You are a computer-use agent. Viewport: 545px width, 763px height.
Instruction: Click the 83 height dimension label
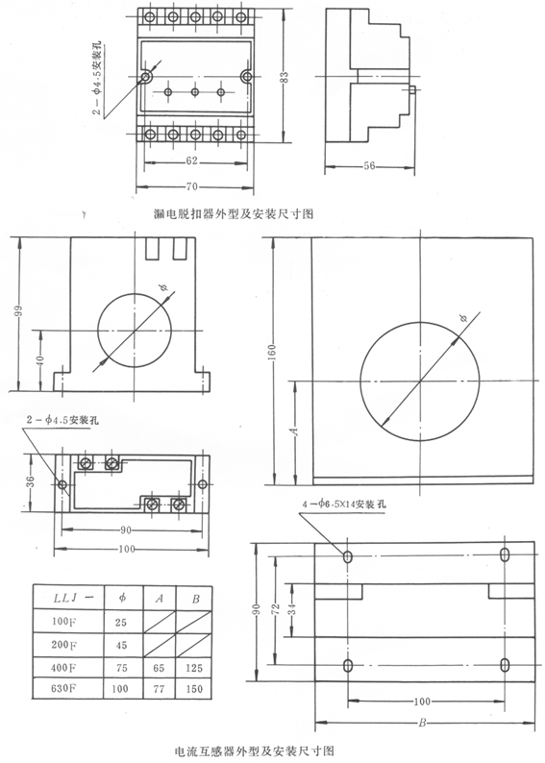click(x=285, y=77)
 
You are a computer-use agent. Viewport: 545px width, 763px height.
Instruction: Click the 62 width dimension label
click(x=192, y=160)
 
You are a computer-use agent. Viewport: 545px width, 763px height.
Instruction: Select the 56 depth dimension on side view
click(x=369, y=166)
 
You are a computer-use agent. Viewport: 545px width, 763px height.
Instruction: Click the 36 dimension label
click(x=30, y=481)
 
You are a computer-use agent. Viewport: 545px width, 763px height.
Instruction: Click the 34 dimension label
click(x=292, y=608)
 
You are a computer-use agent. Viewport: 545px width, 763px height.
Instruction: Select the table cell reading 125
click(x=193, y=668)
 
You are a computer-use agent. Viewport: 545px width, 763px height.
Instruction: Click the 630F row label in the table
click(x=63, y=688)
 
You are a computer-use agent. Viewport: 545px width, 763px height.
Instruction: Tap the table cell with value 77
click(x=159, y=689)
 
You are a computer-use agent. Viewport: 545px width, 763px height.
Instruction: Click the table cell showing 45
click(x=121, y=645)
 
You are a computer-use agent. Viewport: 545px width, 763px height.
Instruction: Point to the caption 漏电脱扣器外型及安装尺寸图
click(x=234, y=213)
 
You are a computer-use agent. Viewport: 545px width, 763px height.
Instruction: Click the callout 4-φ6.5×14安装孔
click(x=344, y=505)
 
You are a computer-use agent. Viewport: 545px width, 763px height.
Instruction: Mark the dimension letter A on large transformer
click(x=293, y=431)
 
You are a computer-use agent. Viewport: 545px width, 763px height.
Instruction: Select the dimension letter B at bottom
click(x=422, y=723)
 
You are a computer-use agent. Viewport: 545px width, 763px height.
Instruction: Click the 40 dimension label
click(x=40, y=360)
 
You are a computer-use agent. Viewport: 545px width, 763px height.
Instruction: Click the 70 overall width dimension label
click(x=193, y=186)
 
